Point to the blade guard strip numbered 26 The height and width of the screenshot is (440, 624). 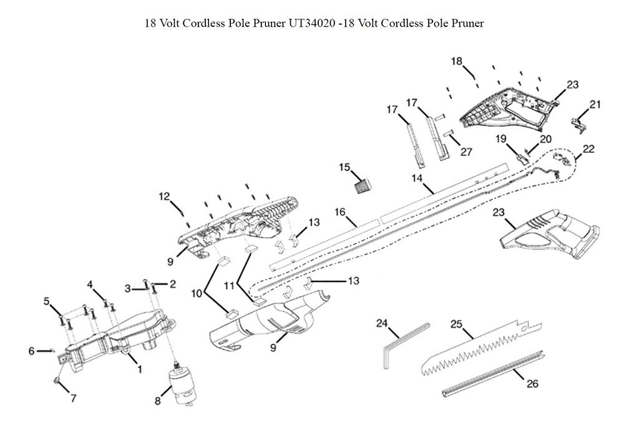click(x=493, y=372)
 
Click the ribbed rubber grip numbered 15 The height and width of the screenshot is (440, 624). click(x=363, y=186)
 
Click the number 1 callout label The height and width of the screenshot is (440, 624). click(x=139, y=369)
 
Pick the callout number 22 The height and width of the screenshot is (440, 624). click(x=588, y=149)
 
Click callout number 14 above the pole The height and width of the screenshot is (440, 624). click(x=417, y=178)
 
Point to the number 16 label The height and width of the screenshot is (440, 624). click(x=340, y=212)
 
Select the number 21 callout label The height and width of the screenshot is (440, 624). click(x=595, y=104)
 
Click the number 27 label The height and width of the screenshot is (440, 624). click(x=466, y=152)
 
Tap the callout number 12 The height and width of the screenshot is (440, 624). click(x=164, y=197)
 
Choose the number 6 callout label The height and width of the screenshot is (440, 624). click(x=31, y=351)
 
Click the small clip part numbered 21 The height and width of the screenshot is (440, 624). click(x=581, y=123)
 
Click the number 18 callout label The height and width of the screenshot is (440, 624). click(x=457, y=61)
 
